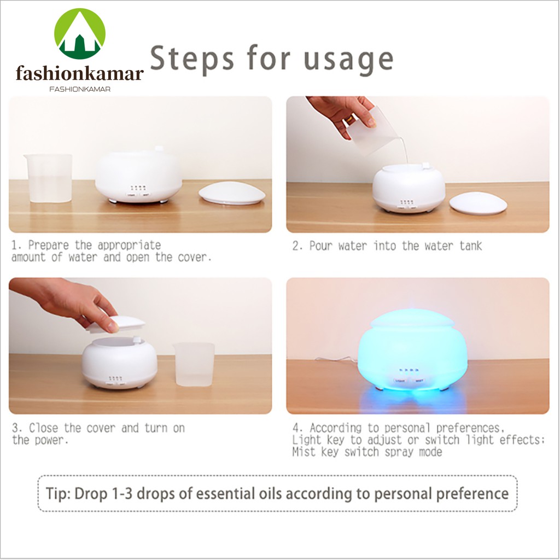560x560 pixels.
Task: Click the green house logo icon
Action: (x=80, y=33)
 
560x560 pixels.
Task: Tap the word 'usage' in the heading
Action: (x=348, y=60)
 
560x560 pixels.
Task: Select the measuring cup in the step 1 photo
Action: (x=49, y=178)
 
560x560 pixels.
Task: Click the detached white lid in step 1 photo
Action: (x=232, y=193)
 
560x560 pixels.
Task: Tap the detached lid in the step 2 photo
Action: (x=478, y=203)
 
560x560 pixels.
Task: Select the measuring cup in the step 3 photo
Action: (x=194, y=364)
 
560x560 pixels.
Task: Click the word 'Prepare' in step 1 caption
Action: (x=48, y=246)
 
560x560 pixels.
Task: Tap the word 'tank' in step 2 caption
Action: (x=471, y=246)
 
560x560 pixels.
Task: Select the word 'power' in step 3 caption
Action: (x=51, y=440)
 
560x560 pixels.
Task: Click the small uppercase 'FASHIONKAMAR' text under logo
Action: (x=80, y=89)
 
